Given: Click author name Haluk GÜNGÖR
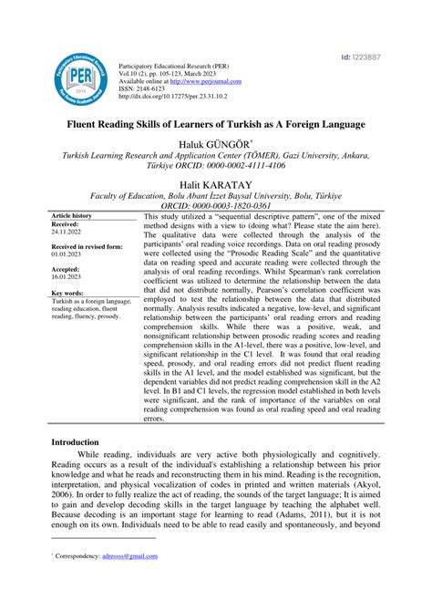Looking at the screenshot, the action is pyautogui.click(x=216, y=142).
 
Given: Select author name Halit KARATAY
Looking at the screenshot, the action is pyautogui.click(x=216, y=183).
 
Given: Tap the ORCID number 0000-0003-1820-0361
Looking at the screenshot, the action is pyautogui.click(x=239, y=206).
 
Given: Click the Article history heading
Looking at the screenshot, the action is pyautogui.click(x=70, y=216).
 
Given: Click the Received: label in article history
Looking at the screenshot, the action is pyautogui.click(x=66, y=223).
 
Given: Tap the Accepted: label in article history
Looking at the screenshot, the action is pyautogui.click(x=67, y=270).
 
